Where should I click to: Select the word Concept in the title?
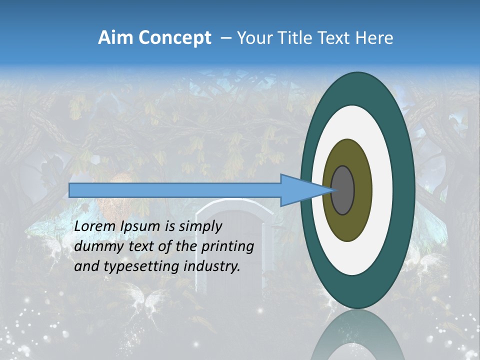175,38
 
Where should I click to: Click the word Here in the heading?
374,38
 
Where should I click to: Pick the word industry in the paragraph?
212,266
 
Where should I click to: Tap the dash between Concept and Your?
225,38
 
